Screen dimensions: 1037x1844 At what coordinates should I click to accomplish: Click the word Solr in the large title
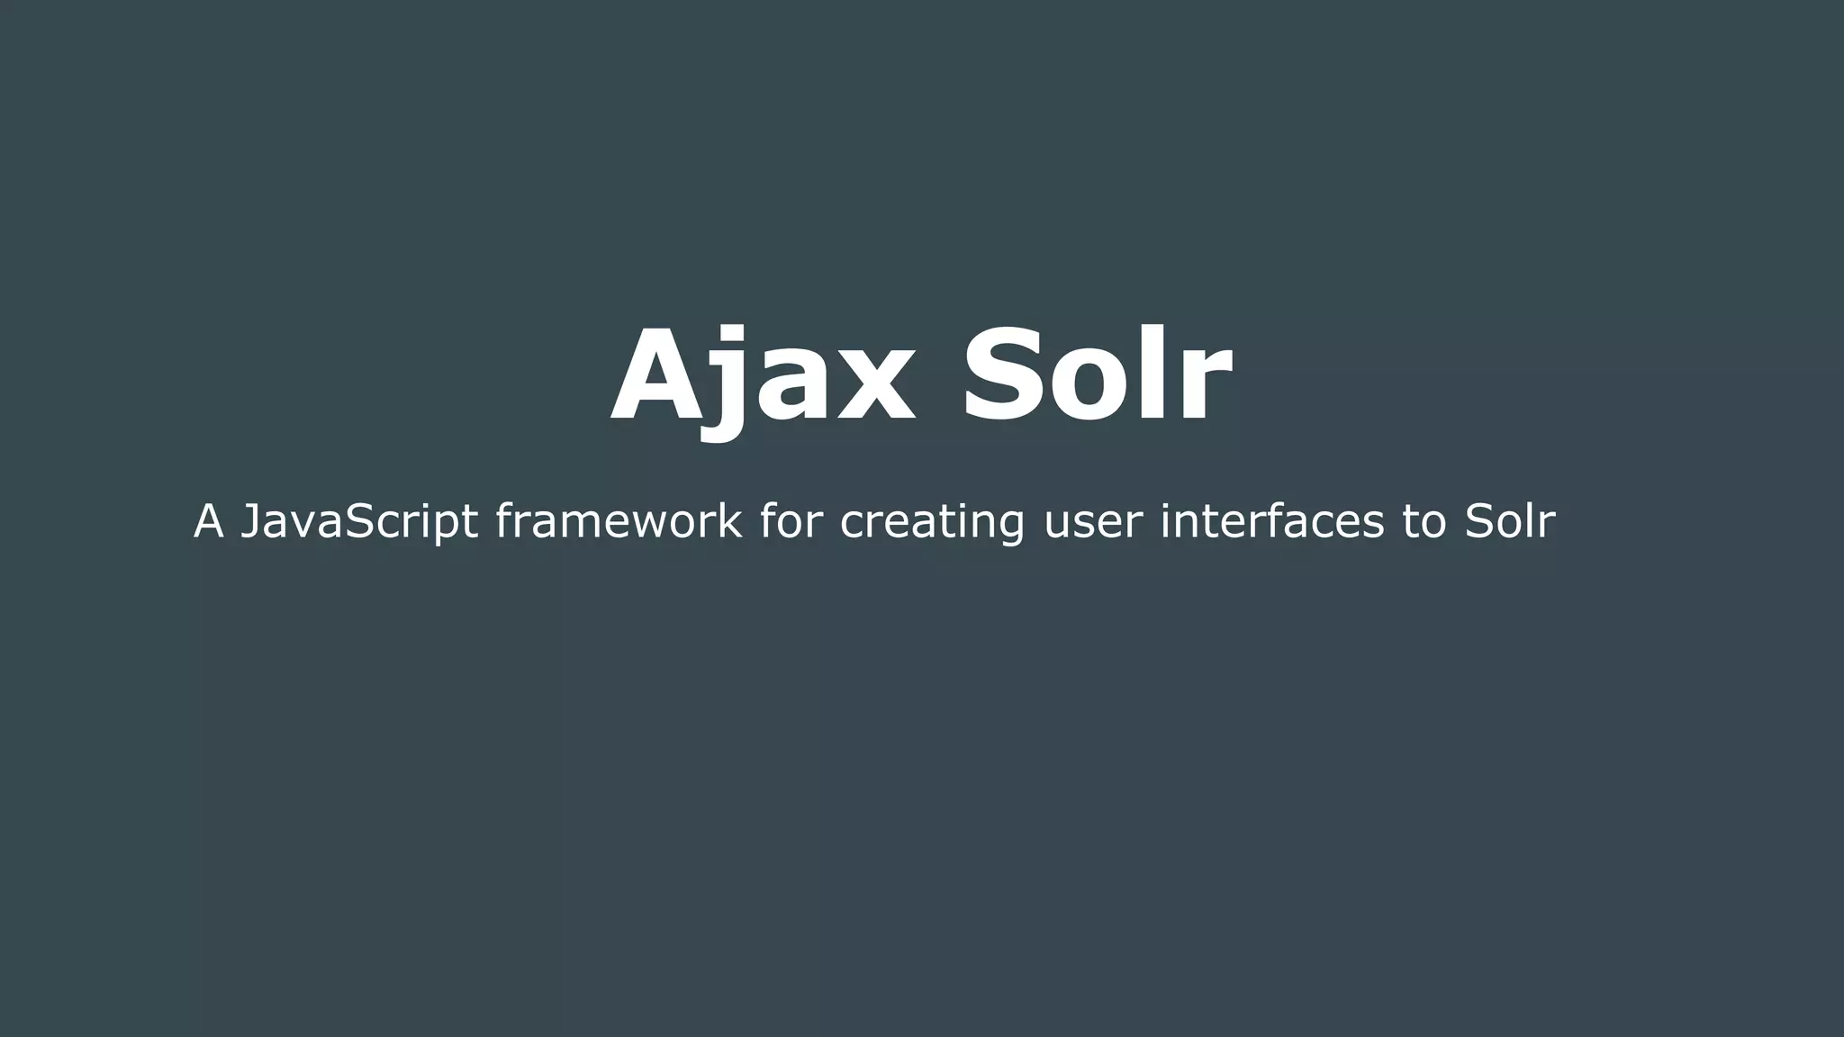pyautogui.click(x=1096, y=375)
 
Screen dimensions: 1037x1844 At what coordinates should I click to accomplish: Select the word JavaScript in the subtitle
pyautogui.click(x=358, y=521)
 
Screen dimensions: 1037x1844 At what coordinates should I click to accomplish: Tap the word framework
pyautogui.click(x=619, y=521)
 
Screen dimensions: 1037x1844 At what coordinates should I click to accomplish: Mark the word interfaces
pyautogui.click(x=1271, y=521)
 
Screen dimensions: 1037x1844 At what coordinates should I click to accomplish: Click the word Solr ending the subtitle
pyautogui.click(x=1509, y=521)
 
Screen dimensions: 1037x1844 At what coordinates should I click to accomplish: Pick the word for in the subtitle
pyautogui.click(x=790, y=521)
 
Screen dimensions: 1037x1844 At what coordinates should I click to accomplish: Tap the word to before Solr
pyautogui.click(x=1424, y=521)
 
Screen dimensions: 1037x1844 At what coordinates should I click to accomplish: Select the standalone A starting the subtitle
pyautogui.click(x=208, y=521)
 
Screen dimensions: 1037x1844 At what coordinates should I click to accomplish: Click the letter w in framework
pyautogui.click(x=653, y=523)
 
